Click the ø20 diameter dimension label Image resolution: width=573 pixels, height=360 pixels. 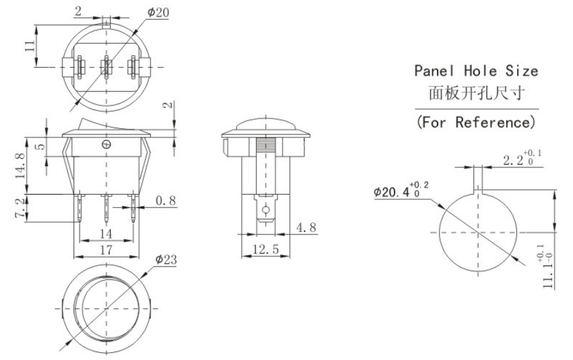coord(158,12)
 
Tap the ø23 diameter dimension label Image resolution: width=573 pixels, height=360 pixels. coord(165,260)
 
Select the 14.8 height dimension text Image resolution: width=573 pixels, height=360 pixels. coord(20,165)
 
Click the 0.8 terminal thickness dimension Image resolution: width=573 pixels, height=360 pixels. coord(165,201)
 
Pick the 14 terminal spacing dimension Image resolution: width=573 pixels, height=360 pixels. coord(105,234)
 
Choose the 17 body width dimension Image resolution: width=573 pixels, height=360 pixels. coord(105,250)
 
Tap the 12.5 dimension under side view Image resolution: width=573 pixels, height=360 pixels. coord(266,249)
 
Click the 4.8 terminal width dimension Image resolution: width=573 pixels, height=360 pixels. coord(306,227)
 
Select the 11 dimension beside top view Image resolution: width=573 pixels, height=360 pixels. coord(30,46)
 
